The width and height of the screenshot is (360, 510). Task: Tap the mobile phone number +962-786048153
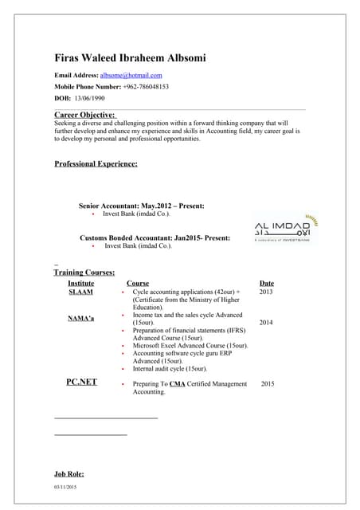pos(146,86)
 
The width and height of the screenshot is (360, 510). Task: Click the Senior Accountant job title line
pos(141,206)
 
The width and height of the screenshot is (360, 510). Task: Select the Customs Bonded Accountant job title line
pos(155,237)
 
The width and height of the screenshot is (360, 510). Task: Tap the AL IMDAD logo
pos(284,230)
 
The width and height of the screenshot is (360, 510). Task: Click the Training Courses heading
pos(84,273)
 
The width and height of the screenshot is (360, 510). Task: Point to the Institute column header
pos(81,283)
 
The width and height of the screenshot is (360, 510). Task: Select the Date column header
pos(266,283)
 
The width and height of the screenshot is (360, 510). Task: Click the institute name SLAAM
pos(80,292)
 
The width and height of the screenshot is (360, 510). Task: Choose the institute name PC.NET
pos(81,382)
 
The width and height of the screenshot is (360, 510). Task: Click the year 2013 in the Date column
pos(266,292)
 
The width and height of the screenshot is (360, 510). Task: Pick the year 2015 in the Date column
pos(268,383)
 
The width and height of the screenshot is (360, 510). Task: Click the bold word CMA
pos(177,384)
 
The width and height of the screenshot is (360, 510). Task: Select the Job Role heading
pos(69,474)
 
